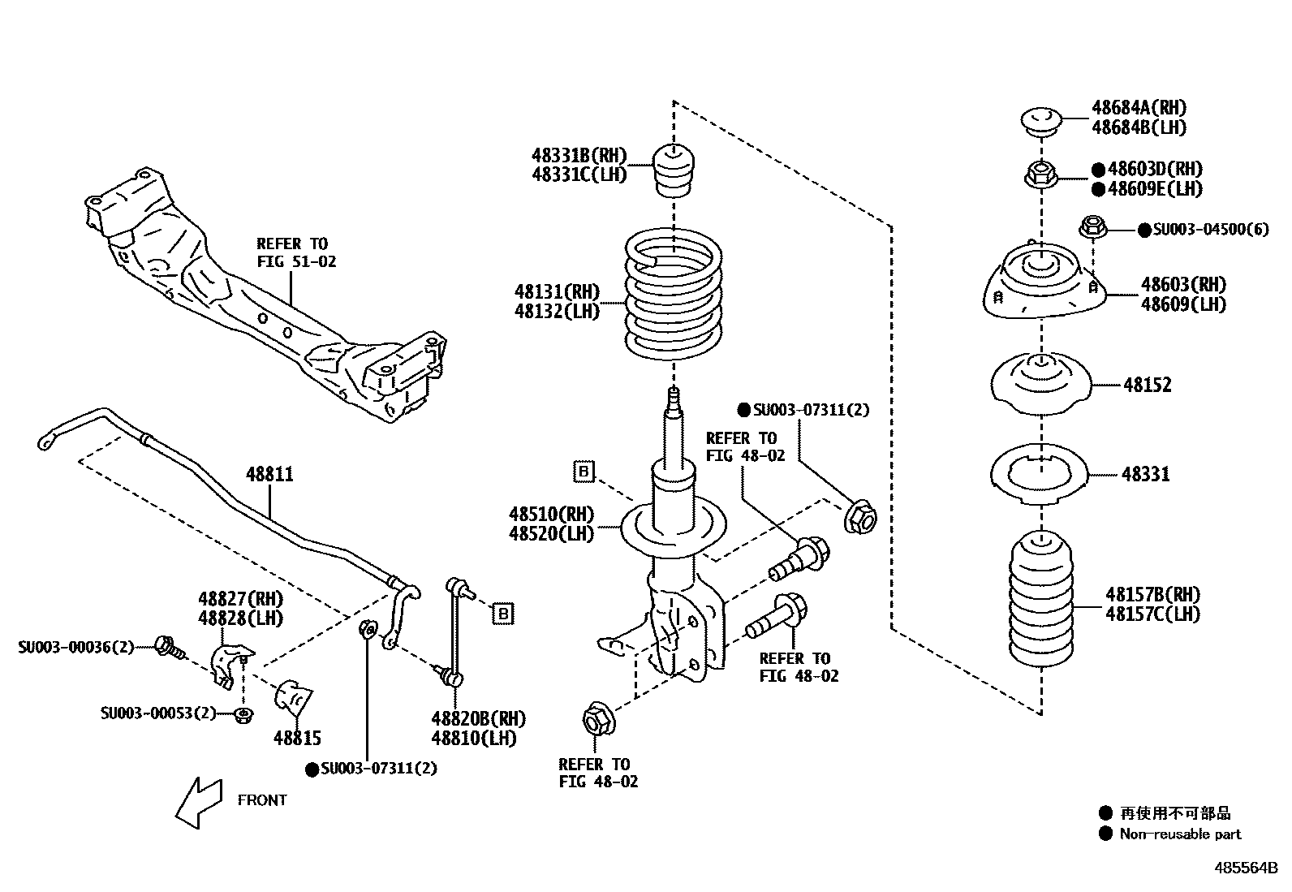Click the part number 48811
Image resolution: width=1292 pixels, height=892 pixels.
click(269, 474)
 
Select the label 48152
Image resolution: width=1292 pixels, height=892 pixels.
click(1148, 385)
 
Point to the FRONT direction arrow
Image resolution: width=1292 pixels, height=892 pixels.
click(199, 802)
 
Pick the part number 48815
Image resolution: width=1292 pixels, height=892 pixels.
click(297, 737)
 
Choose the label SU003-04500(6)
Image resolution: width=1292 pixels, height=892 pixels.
click(1211, 230)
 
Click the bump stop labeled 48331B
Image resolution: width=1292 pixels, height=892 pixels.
click(673, 170)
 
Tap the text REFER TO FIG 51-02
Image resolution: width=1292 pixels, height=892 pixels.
click(296, 252)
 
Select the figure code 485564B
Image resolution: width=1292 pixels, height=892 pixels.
click(1246, 868)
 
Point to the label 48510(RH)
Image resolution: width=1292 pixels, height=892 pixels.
click(551, 514)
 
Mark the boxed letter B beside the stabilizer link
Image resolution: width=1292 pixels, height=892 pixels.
click(503, 614)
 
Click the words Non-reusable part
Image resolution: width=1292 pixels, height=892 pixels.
click(1180, 834)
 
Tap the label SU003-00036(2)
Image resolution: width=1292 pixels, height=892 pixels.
click(75, 647)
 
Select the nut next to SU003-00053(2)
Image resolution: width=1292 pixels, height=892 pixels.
click(244, 715)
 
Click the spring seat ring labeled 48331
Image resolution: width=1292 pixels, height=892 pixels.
click(1040, 474)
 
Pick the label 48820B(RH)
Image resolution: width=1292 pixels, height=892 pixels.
click(479, 718)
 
